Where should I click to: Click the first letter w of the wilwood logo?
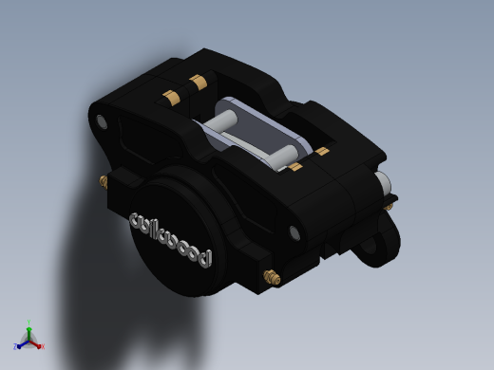[x=140, y=221]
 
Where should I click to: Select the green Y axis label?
[x=28, y=323]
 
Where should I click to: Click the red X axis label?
[x=43, y=346]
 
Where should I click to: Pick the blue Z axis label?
[x=15, y=346]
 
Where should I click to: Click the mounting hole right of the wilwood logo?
[x=294, y=233]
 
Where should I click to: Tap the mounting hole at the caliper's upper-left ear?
[x=102, y=121]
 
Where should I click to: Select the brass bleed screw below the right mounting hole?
[x=272, y=277]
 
